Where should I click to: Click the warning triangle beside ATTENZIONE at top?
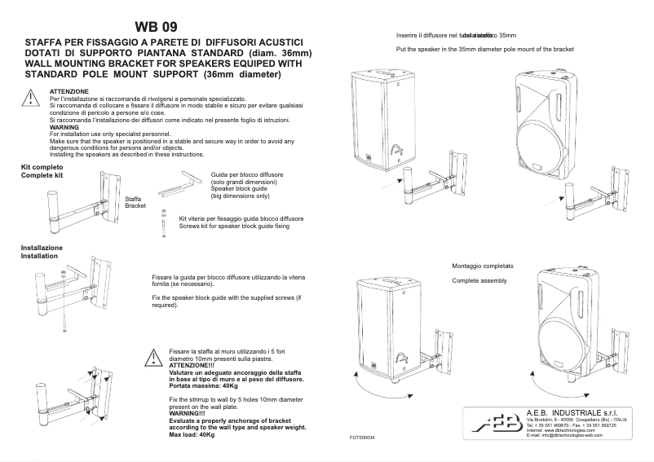pos(29,99)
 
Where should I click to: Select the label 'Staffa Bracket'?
pos(135,202)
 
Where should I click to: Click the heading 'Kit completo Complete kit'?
pos(42,171)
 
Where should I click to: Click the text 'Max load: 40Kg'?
pos(192,435)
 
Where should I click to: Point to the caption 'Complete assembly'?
pos(479,281)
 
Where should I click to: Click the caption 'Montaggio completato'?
pos(483,266)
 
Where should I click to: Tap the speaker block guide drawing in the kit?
pos(181,184)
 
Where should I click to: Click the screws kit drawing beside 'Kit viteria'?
pos(166,224)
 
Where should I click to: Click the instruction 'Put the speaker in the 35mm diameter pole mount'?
pos(484,50)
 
